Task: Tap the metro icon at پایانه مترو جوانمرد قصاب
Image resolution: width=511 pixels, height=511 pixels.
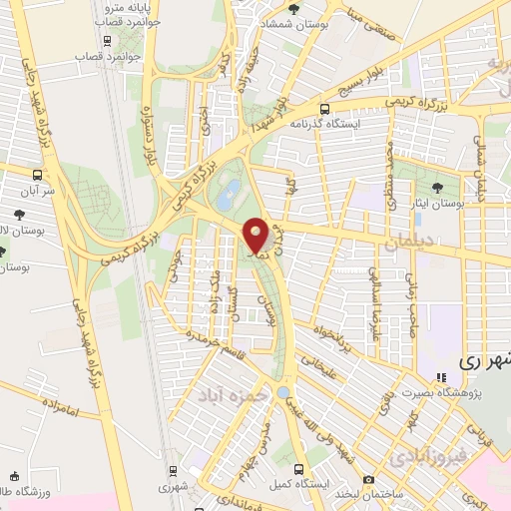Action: pyautogui.click(x=108, y=41)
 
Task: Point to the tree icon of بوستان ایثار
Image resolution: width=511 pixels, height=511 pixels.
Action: pyautogui.click(x=438, y=188)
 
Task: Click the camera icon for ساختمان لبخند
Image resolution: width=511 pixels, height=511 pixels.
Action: pyautogui.click(x=369, y=480)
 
